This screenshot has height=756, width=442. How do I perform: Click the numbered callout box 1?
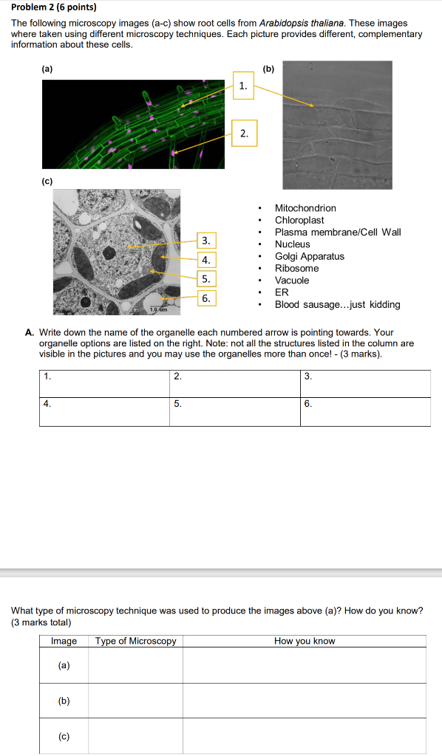[244, 86]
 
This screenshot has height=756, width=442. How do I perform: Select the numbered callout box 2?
[244, 134]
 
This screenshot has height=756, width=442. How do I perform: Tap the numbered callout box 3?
[206, 240]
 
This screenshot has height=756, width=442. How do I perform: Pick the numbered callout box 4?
[206, 260]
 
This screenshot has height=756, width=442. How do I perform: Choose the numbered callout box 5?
[206, 279]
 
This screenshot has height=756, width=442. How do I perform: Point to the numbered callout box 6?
[206, 298]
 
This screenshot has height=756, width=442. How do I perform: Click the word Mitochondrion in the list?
[305, 208]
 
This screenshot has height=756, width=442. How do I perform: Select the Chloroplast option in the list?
[299, 220]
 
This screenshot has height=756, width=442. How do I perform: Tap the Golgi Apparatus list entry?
[309, 256]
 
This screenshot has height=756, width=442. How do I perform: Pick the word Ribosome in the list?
[296, 268]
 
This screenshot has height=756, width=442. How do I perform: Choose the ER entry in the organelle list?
[282, 292]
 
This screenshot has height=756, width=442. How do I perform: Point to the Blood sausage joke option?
[337, 304]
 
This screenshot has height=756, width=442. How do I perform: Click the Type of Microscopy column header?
[136, 641]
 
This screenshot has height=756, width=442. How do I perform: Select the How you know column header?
[305, 641]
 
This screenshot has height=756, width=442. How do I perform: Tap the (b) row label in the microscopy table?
[64, 701]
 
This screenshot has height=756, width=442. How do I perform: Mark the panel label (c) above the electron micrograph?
[47, 180]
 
